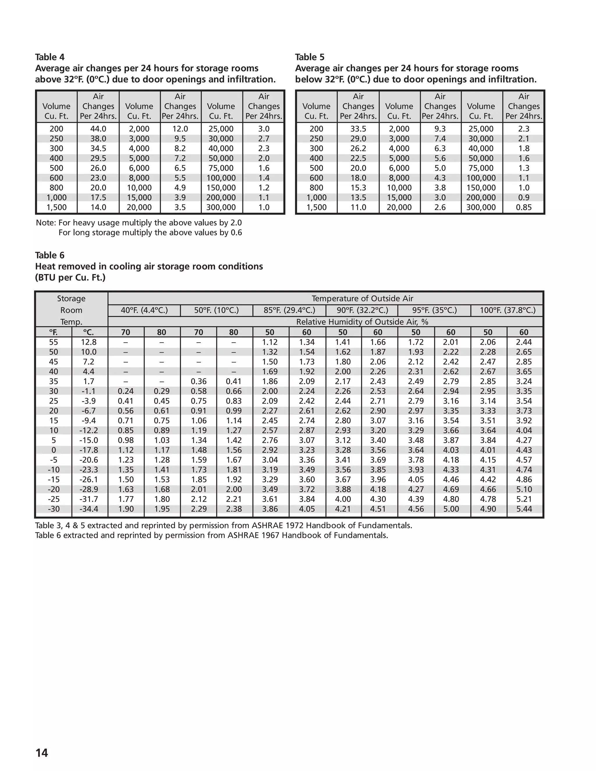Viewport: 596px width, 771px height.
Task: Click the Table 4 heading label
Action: pos(50,57)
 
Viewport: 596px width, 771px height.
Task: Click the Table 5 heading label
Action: pos(310,57)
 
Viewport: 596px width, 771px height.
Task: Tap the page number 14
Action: pos(42,753)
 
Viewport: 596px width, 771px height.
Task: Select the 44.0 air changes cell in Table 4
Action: pos(98,129)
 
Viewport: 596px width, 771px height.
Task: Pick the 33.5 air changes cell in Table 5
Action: pos(358,129)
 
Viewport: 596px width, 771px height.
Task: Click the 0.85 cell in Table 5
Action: pos(524,207)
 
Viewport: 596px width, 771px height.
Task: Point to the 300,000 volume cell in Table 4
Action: pos(221,207)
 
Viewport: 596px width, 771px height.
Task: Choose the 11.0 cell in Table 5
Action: pos(358,207)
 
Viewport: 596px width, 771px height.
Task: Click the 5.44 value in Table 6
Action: pos(524,509)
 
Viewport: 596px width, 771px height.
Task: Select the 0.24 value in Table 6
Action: pos(125,391)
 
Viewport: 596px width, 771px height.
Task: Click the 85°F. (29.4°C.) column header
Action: pos(289,310)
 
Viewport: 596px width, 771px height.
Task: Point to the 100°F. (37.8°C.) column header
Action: pos(507,310)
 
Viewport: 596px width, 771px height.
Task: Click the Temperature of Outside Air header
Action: pos(362,299)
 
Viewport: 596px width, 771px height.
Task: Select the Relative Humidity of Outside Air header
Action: pos(362,322)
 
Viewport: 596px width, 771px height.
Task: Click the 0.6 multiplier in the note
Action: pos(236,233)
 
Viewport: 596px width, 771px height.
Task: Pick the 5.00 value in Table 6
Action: pos(451,509)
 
